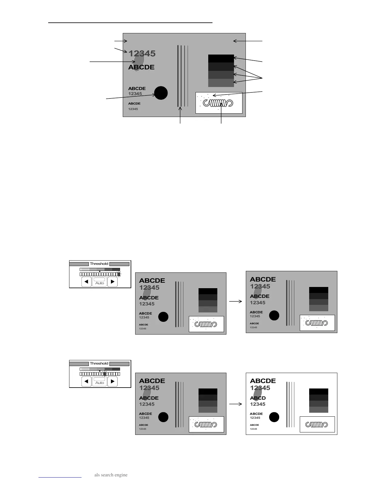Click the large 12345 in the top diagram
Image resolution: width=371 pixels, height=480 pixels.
tap(142, 54)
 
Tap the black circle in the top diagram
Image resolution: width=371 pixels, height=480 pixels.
tap(161, 93)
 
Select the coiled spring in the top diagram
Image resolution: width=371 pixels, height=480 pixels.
tap(218, 103)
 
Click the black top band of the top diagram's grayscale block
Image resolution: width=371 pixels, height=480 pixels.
tap(221, 58)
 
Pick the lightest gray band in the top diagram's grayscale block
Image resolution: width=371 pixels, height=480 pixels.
tap(221, 83)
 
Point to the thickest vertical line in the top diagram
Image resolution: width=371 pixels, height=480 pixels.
tap(178, 76)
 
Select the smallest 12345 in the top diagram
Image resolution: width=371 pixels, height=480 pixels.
tap(133, 109)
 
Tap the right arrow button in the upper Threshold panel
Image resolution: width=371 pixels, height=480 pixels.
tap(112, 282)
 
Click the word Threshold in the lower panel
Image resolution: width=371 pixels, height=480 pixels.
tap(99, 363)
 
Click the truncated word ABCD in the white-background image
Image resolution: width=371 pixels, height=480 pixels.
tap(258, 398)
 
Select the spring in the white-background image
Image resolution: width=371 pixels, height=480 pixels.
tap(317, 425)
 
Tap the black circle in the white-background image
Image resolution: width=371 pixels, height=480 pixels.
tap(274, 417)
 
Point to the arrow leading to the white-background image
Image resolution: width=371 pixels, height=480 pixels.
tap(236, 404)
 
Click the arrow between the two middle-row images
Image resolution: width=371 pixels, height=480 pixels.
tap(236, 302)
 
